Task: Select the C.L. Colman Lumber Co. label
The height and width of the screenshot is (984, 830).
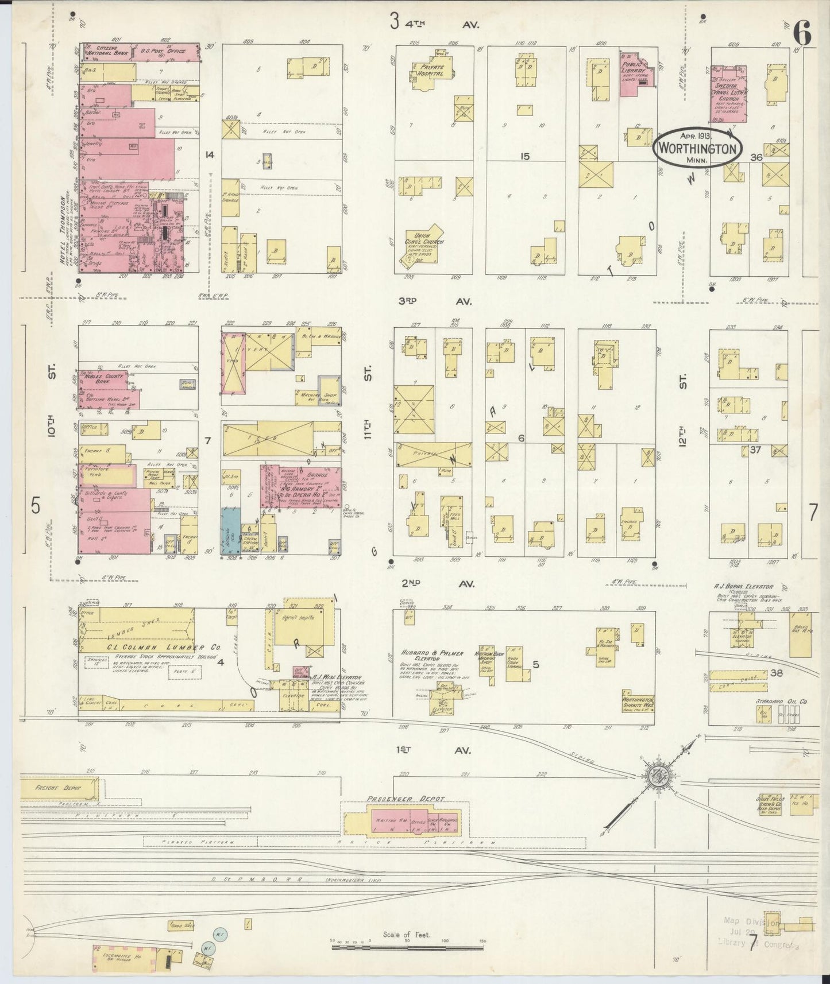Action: click(x=151, y=646)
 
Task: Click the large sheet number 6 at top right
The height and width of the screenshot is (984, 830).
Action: click(x=802, y=36)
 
